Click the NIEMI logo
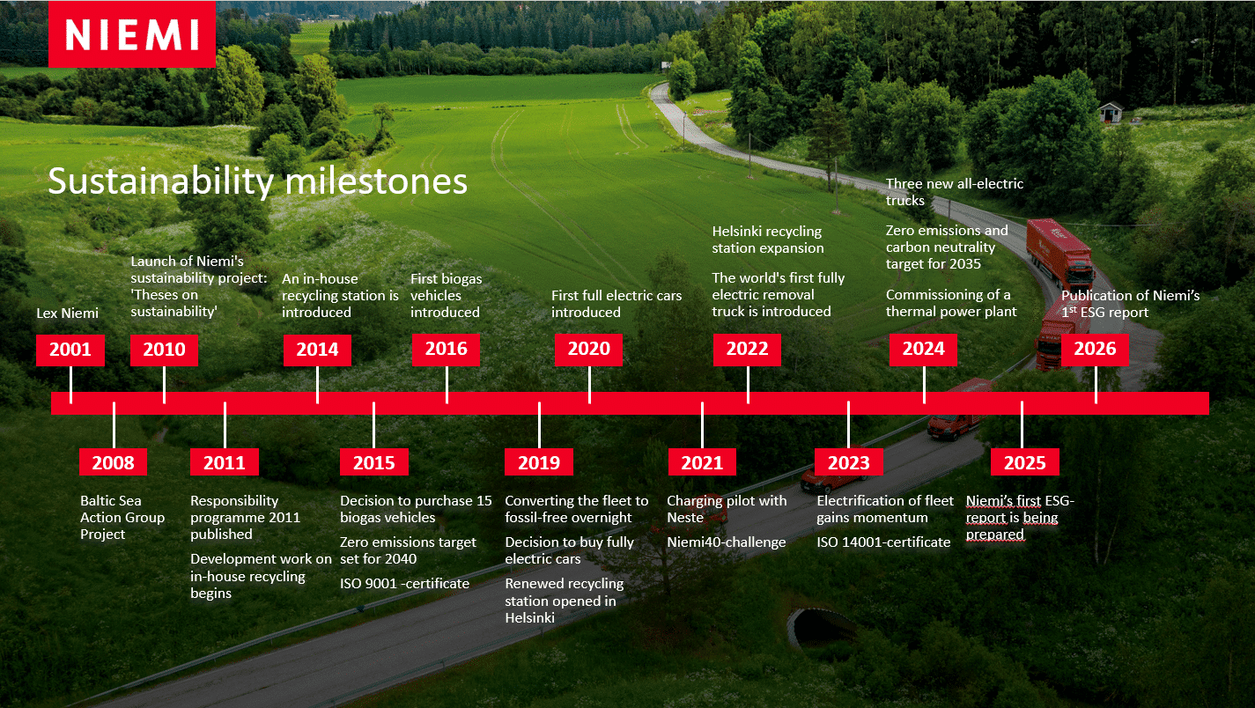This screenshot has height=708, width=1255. click(x=131, y=34)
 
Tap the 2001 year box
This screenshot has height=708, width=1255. click(x=70, y=350)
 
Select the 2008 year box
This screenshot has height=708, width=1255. click(x=114, y=462)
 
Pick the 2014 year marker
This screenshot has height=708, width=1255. click(x=317, y=350)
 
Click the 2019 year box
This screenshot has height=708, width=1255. click(x=539, y=462)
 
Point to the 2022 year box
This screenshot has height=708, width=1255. click(x=747, y=350)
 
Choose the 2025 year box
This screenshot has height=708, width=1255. click(x=1025, y=462)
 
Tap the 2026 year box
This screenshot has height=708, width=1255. click(x=1095, y=350)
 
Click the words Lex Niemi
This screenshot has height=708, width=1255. click(x=67, y=313)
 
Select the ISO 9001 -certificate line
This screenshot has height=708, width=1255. click(x=404, y=584)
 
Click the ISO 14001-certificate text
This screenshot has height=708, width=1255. click(x=883, y=542)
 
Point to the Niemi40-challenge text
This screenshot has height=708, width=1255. click(x=726, y=542)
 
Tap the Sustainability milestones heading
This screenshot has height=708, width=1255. click(x=258, y=181)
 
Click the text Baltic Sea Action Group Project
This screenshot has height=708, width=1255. click(x=122, y=517)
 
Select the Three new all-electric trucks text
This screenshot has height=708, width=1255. click(x=955, y=192)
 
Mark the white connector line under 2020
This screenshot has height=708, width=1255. click(x=589, y=384)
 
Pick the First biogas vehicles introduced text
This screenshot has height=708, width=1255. click(x=446, y=295)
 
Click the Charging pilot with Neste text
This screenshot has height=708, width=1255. click(x=727, y=509)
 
